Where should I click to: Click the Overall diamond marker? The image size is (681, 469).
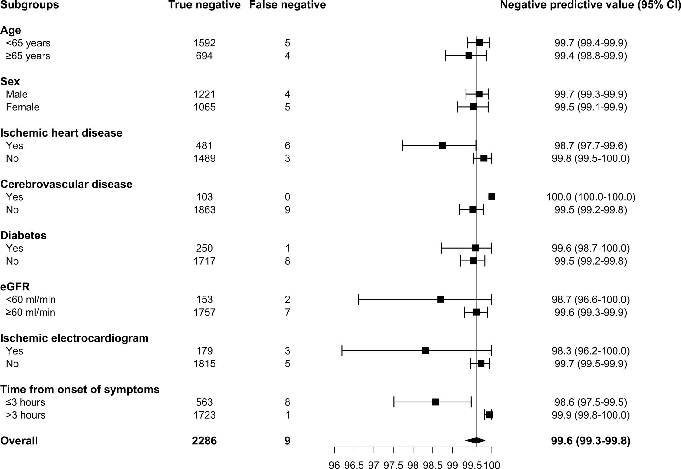coord(475,440)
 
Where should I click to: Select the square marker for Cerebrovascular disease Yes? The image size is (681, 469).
coord(492,197)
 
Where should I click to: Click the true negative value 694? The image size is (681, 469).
coord(204,56)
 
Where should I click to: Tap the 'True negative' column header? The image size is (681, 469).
coord(204,5)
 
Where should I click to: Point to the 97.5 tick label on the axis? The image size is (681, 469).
coord(393,465)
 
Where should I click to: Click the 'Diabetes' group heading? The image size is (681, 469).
coord(23,236)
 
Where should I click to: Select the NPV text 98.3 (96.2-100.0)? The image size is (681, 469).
coord(591,351)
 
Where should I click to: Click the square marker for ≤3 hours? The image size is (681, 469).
coord(436,402)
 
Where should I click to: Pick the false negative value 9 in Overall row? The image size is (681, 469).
coord(287,441)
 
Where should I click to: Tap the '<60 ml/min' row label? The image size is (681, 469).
coord(31,300)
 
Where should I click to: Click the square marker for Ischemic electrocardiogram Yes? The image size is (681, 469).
coord(425,351)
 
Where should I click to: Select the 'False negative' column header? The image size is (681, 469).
coord(287,5)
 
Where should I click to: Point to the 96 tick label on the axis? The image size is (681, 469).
coord(334,465)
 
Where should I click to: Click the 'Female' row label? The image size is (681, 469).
coord(23,107)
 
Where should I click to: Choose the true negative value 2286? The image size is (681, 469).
coord(204,441)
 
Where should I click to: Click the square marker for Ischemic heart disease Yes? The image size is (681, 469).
coord(442,145)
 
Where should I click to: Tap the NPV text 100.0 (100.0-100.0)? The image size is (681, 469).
coord(591,197)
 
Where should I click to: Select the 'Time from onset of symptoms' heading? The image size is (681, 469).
coord(80,390)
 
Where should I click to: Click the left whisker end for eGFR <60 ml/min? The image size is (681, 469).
coord(359,300)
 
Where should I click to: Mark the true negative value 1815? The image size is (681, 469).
coord(204,364)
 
